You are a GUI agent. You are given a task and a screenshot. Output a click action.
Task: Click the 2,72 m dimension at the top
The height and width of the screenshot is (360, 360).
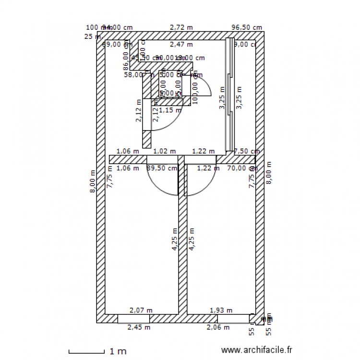coord(181,28)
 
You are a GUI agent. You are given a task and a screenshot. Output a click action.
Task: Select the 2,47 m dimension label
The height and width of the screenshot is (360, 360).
coord(181,45)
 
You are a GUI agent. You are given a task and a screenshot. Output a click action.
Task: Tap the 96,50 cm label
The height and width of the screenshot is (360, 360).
coord(247,28)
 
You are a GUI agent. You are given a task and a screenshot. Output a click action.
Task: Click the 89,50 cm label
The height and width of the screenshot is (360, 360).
coord(162,168)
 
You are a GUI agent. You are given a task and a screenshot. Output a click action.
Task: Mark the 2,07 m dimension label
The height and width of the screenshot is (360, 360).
coord(141,311)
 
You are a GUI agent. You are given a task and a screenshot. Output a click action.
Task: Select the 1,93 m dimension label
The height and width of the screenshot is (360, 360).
coord(221,311)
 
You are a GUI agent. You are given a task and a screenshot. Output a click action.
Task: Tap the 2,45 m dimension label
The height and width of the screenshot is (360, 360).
coord(139,327)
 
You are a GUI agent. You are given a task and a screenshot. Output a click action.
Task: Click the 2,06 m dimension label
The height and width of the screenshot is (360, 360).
coord(217,327)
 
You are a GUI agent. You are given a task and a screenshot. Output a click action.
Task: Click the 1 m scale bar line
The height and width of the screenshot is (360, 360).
coord(86,353)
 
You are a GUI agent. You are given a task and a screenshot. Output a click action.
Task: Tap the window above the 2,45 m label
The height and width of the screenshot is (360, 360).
coord(133,319)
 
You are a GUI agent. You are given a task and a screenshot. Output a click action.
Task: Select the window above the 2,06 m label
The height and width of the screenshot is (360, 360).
coord(233,319)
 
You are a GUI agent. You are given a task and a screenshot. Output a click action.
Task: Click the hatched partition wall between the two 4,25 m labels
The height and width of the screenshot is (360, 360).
coord(182,240)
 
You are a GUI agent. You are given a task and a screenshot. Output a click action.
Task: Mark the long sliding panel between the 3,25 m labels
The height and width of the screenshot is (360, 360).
coord(230,96)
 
